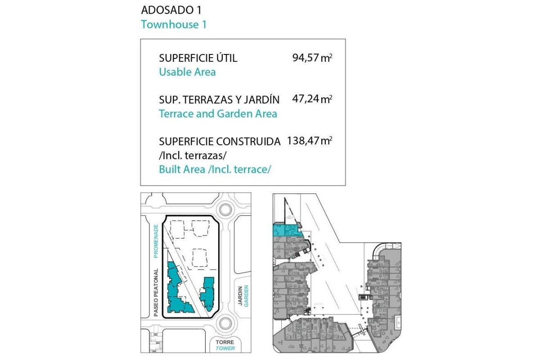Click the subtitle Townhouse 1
point(174,24)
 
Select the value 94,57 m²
point(312,58)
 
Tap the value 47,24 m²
point(312,99)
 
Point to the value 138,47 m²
point(309,141)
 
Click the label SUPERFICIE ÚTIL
point(198,58)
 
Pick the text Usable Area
point(187,72)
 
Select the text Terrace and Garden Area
point(218,113)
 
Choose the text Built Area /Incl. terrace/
point(215,170)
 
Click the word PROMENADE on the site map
point(156,241)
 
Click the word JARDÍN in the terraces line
point(263,99)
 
